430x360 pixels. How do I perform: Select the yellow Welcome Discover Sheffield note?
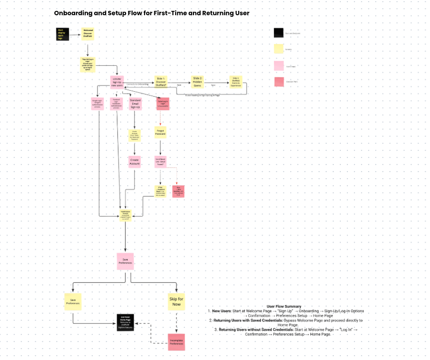pyautogui.click(x=88, y=34)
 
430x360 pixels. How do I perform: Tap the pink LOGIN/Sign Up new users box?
pyautogui.click(x=117, y=81)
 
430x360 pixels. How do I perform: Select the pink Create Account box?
pyautogui.click(x=135, y=162)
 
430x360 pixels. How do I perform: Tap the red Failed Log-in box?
pyautogui.click(x=163, y=104)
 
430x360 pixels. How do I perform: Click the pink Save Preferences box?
pyautogui.click(x=125, y=261)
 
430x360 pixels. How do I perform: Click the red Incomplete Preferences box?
pyautogui.click(x=177, y=342)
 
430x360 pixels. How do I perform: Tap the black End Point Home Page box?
pyautogui.click(x=126, y=321)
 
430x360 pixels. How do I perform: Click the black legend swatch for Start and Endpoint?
pyautogui.click(x=279, y=33)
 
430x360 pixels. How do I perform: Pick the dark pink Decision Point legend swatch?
pyautogui.click(x=279, y=81)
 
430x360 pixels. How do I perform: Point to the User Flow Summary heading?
pyautogui.click(x=284, y=306)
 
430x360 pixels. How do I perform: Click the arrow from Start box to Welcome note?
pyautogui.click(x=76, y=34)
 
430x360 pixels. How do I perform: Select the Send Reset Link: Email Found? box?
pyautogui.click(x=160, y=161)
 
